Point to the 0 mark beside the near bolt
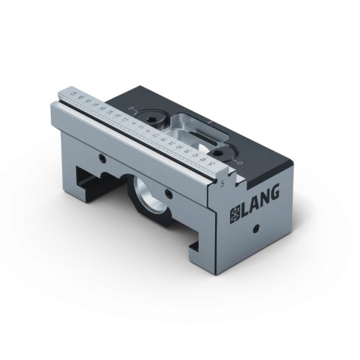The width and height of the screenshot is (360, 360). [x=238, y=159]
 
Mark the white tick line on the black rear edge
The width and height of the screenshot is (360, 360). [x=214, y=120]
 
